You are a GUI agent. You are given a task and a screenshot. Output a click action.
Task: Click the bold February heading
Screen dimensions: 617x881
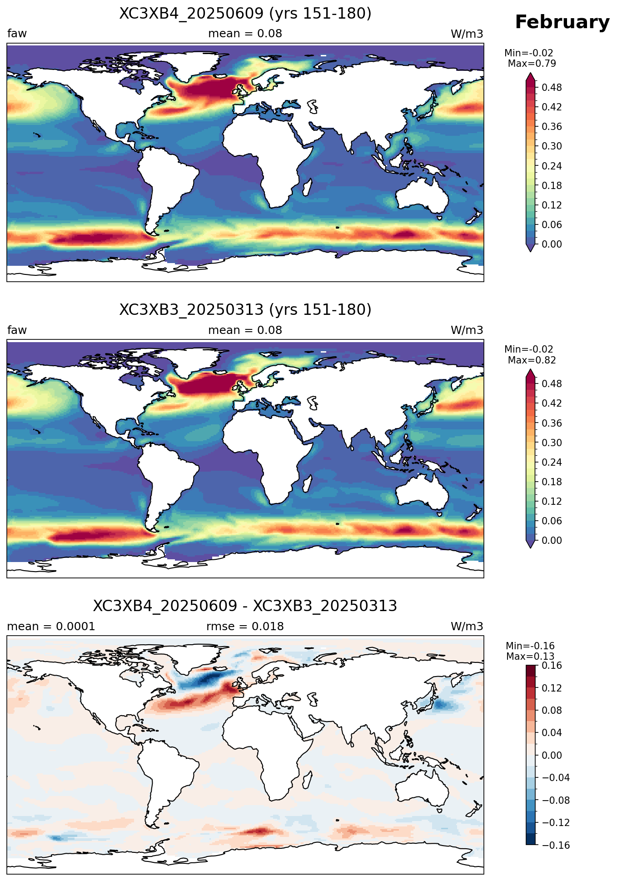pos(562,22)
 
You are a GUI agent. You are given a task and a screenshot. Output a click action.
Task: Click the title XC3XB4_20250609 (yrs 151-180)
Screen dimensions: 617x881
pos(245,14)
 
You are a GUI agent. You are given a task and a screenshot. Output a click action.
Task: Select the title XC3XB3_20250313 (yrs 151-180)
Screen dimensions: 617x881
pos(245,310)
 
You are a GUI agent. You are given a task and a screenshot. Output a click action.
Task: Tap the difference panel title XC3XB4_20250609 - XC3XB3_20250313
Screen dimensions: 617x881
pos(245,606)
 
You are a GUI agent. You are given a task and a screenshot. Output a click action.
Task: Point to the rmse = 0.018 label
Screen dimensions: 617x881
pos(245,627)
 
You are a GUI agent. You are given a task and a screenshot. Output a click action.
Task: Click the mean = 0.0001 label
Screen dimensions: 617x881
pos(51,627)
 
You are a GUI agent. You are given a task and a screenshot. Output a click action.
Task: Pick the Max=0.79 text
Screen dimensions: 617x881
pos(532,64)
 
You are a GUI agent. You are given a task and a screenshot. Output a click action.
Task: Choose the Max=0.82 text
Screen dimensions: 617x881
pos(532,360)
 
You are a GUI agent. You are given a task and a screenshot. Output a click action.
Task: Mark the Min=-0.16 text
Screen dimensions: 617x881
pos(530,646)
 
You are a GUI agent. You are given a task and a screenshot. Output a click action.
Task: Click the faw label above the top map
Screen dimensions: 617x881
pos(17,34)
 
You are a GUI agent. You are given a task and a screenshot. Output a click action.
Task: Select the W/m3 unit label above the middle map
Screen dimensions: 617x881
pos(467,330)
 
